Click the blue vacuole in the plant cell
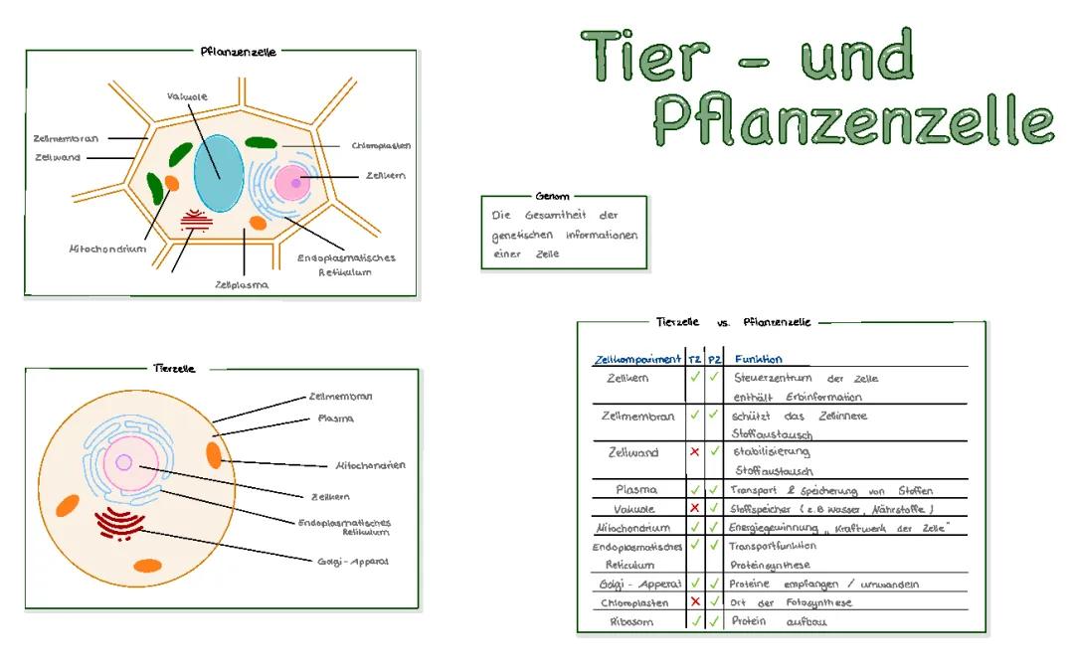tap(218, 172)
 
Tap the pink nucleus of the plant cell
tap(295, 182)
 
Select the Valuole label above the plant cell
tap(187, 96)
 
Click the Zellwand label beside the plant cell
tap(58, 157)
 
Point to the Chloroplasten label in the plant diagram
tap(381, 145)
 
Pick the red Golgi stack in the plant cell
tap(195, 222)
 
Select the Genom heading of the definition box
tap(552, 196)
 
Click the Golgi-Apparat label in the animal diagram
tap(353, 561)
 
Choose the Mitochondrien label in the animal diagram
tap(370, 465)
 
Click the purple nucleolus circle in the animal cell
tap(124, 461)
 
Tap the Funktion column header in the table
tap(758, 359)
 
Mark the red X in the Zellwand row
tap(694, 452)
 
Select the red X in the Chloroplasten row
tap(694, 601)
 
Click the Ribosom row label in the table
tap(631, 621)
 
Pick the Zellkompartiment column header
tap(636, 359)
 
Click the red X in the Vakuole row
tap(694, 508)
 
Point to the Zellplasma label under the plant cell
tap(242, 284)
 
